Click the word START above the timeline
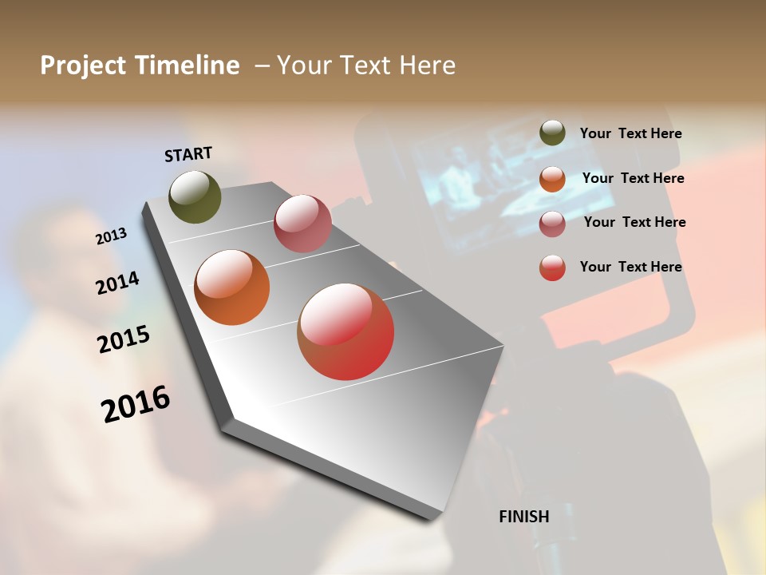[188, 154]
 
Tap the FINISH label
[523, 517]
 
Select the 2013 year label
[112, 236]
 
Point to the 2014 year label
[117, 283]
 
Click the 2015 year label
[124, 339]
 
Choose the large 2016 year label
[136, 403]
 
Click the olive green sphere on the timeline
[195, 196]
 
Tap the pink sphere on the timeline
[302, 224]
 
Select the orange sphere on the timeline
[232, 287]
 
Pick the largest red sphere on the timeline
[345, 331]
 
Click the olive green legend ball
[552, 133]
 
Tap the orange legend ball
[552, 179]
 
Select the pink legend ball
[552, 224]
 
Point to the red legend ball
[552, 268]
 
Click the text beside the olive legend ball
[630, 134]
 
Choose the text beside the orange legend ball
[633, 178]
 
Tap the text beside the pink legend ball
[634, 222]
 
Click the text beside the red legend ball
[630, 267]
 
